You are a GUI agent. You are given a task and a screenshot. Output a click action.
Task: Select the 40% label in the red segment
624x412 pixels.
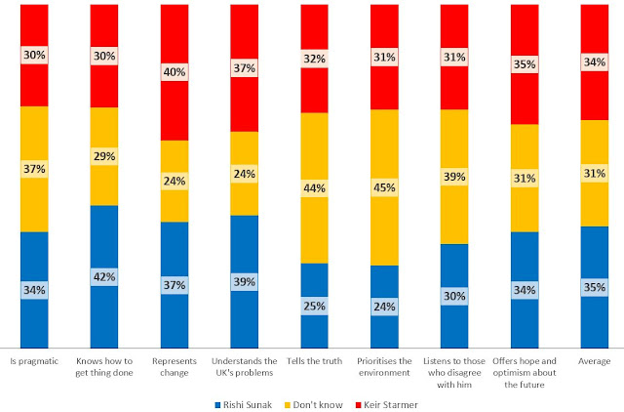175,71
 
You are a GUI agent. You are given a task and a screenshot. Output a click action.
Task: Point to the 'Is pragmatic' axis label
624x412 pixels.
34,360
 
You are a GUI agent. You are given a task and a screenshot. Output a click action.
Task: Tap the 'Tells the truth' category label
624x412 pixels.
315,360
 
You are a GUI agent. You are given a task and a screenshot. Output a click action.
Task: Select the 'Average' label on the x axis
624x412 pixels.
594,360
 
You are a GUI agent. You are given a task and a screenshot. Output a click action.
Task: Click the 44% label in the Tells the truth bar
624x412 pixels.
314,187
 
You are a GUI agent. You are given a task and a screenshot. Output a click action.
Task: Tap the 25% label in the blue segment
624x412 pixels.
314,307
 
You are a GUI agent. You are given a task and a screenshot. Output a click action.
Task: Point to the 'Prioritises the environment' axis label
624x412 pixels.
384,366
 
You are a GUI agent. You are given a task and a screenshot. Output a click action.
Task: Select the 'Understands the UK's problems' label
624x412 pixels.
245,366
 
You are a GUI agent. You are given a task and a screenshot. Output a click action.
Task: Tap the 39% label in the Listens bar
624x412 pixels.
454,176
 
